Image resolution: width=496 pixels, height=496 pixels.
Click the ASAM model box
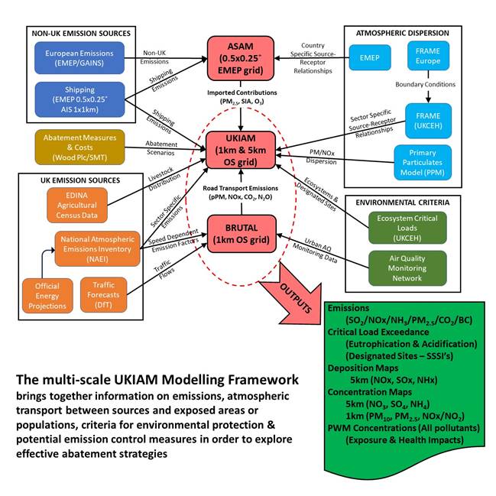tap(242, 51)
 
